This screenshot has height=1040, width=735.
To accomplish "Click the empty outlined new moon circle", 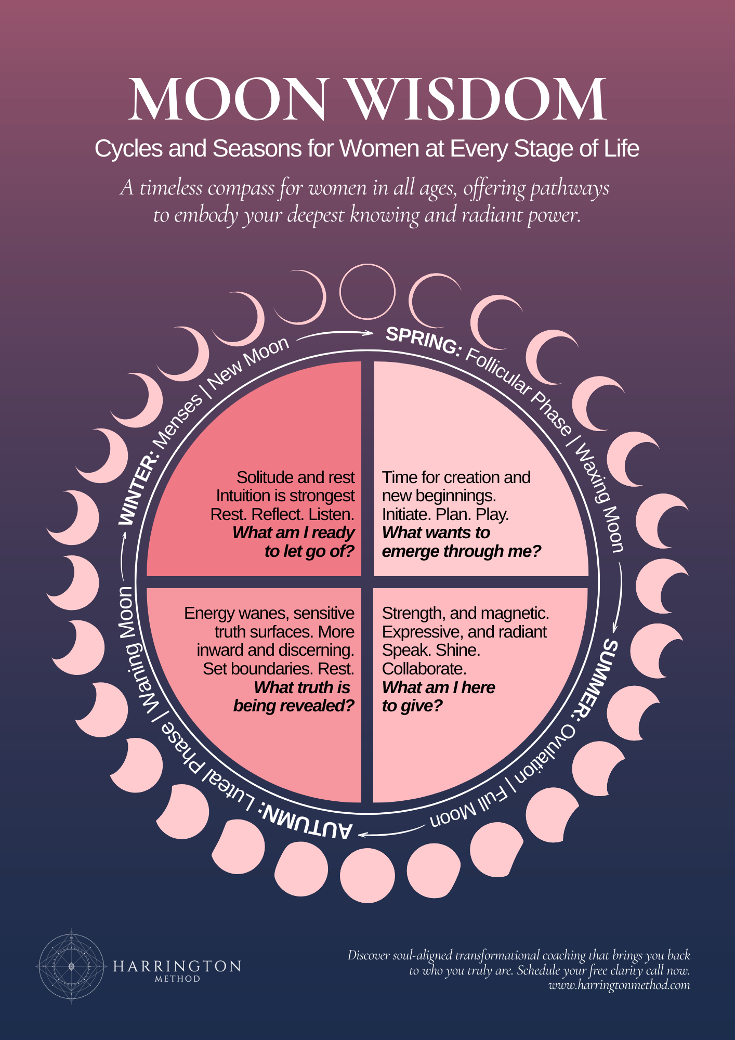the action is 367,292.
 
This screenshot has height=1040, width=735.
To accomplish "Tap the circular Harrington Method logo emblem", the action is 72,966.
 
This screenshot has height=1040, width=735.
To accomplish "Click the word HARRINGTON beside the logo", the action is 177,967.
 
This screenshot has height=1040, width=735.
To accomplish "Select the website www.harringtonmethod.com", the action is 619,985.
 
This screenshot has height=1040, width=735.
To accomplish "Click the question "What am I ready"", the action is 293,532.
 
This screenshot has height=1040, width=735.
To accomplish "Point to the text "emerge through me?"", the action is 462,551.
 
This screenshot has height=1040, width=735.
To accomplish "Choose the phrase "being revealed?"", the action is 294,706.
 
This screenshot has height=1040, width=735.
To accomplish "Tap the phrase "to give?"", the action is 412,706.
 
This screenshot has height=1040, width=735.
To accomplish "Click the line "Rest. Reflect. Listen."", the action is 282,514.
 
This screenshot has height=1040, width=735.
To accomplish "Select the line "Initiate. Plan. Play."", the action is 445,514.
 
